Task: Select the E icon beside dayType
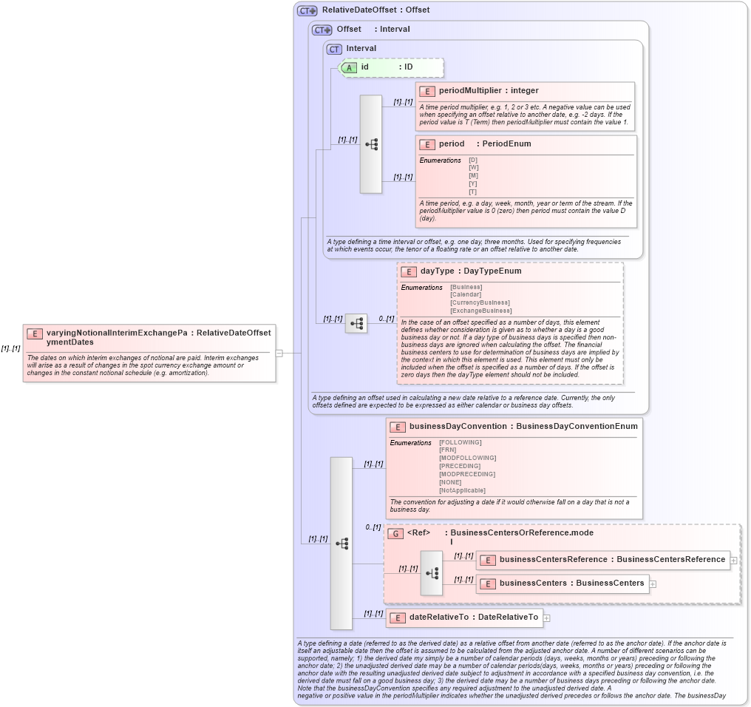tap(409, 271)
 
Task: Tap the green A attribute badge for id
tap(349, 67)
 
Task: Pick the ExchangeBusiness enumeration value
tap(480, 311)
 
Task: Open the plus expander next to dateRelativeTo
tap(546, 618)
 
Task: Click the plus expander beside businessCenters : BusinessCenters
tap(653, 583)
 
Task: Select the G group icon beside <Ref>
tap(395, 533)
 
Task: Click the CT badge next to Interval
tap(334, 49)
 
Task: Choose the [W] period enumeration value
tap(473, 168)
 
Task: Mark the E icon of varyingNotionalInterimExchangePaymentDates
tap(35, 334)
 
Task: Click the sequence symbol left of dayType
tap(356, 323)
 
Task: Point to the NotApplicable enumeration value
tap(462, 490)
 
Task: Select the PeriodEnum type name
tap(506, 144)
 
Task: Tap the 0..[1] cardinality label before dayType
tap(386, 319)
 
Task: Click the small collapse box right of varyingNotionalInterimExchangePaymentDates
tap(279, 353)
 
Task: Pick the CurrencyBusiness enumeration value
tap(480, 302)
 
